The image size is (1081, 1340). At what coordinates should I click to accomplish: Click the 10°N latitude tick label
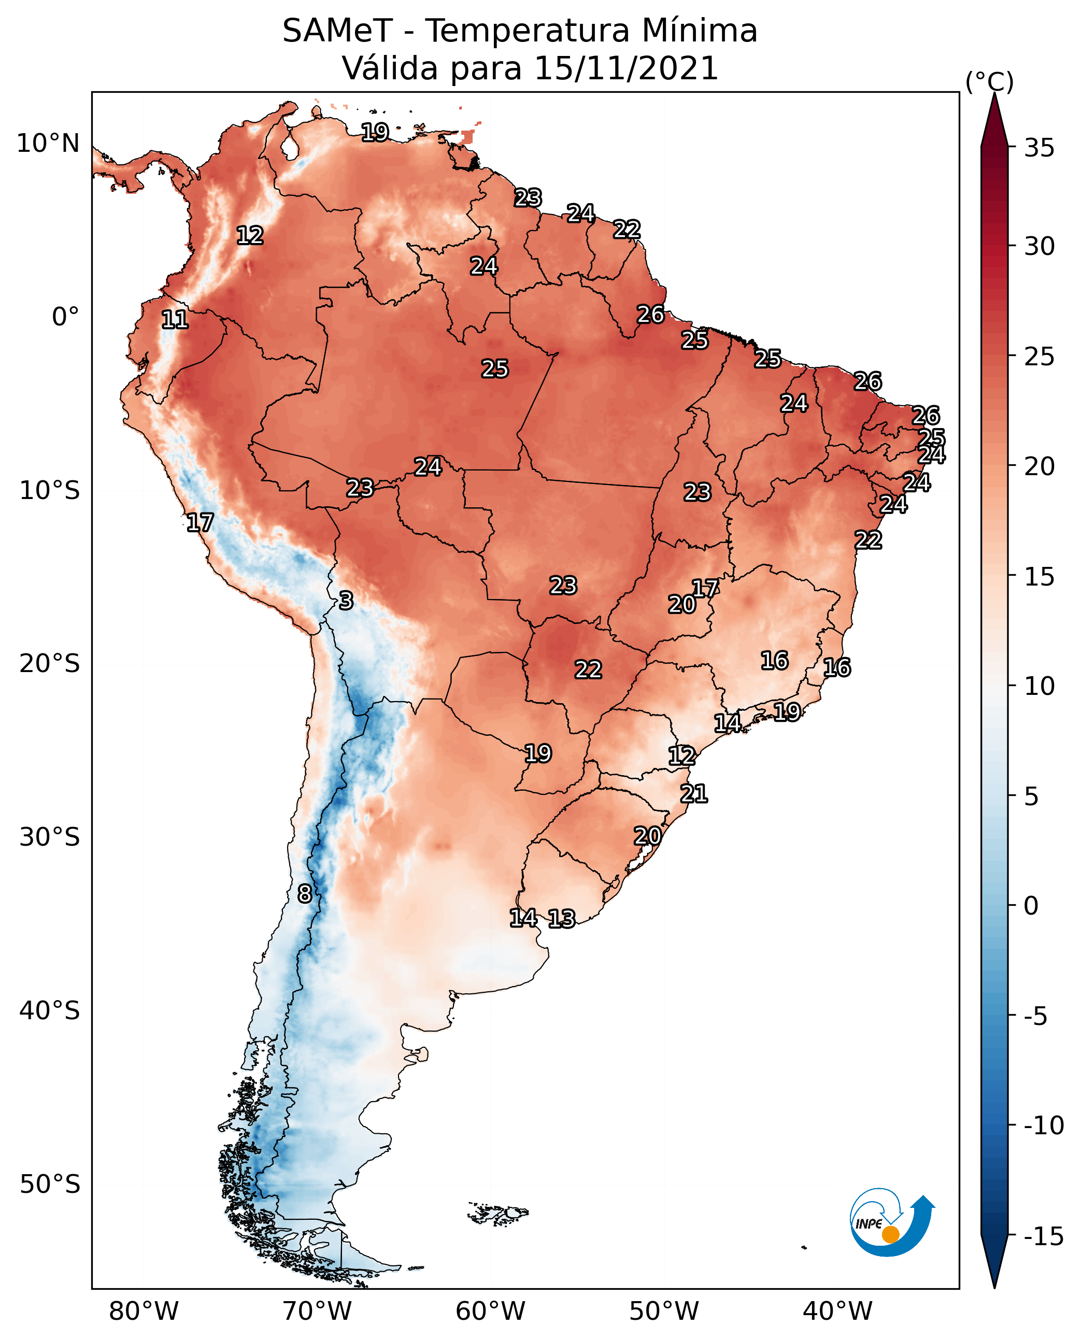pyautogui.click(x=48, y=144)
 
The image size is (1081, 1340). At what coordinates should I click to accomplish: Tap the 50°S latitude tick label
pyautogui.click(x=50, y=1184)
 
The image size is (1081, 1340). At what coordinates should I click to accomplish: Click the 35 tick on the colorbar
pyautogui.click(x=1039, y=148)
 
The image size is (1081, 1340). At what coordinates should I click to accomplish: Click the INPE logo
pyautogui.click(x=892, y=1221)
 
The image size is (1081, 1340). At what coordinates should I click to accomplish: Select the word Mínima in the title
pyautogui.click(x=699, y=31)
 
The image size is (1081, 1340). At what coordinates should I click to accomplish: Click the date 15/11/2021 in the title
pyautogui.click(x=627, y=68)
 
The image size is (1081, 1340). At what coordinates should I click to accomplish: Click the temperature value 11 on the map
pyautogui.click(x=175, y=320)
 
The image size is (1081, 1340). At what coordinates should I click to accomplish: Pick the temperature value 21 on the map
pyautogui.click(x=694, y=794)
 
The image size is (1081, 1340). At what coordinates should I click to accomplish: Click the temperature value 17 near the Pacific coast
pyautogui.click(x=200, y=522)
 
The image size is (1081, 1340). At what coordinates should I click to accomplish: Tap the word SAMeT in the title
pyautogui.click(x=337, y=31)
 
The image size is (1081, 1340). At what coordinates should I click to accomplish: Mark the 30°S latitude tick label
pyautogui.click(x=50, y=837)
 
